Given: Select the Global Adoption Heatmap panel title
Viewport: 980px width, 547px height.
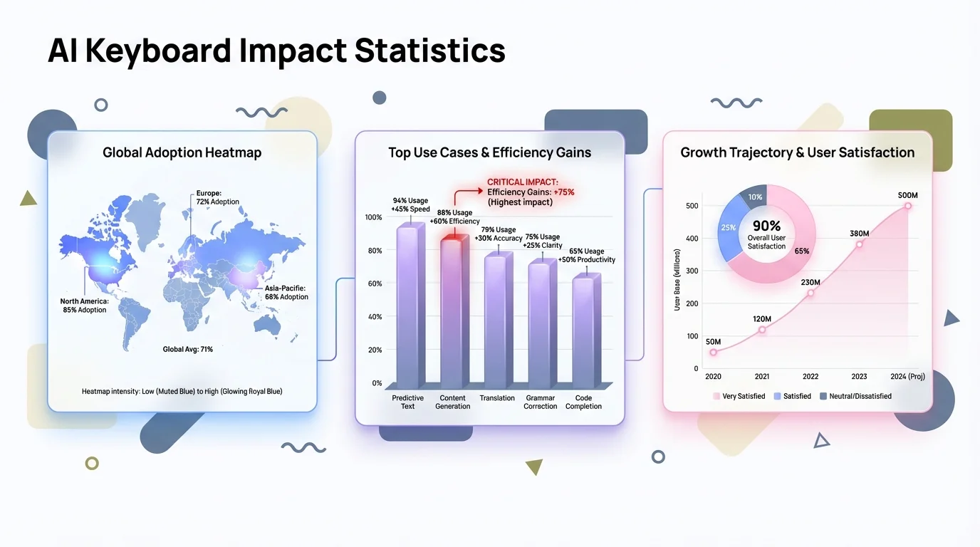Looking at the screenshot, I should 182,152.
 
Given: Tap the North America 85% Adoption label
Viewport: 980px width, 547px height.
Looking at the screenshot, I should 83,306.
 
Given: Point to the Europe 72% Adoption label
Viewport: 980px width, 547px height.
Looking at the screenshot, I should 217,197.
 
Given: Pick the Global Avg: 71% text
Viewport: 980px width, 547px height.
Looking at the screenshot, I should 188,349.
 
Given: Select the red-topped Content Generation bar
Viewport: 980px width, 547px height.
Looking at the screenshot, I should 454,313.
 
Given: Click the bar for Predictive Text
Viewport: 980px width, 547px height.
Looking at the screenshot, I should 409,306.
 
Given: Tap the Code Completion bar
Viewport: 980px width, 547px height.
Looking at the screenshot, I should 585,331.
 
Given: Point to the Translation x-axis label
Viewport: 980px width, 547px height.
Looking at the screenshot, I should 497,398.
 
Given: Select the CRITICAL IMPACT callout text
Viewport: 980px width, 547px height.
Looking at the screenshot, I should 530,192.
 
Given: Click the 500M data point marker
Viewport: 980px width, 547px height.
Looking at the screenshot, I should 907,206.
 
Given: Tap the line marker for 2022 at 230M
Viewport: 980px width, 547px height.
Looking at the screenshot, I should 810,293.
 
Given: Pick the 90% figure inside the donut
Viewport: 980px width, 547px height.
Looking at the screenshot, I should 766,226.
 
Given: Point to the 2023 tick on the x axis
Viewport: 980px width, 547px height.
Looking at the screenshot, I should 858,376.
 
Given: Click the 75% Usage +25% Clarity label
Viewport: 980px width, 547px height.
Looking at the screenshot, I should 542,241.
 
